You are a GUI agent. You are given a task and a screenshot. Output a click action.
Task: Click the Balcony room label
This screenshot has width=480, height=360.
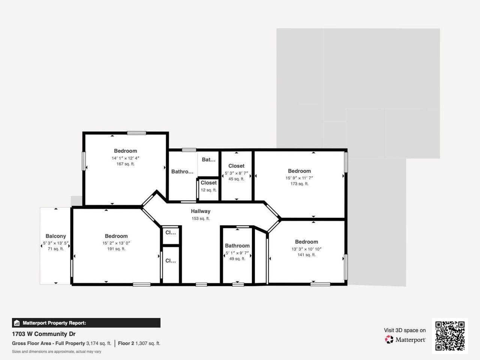[55, 236]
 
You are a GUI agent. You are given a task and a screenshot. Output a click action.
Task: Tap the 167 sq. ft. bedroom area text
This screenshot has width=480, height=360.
[125, 164]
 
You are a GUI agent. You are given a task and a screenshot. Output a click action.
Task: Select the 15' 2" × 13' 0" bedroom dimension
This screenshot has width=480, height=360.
[116, 243]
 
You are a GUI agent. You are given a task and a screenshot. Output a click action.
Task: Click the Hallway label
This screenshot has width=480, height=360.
[200, 211]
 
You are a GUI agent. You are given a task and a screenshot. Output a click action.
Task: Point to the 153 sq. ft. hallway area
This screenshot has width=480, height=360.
[200, 219]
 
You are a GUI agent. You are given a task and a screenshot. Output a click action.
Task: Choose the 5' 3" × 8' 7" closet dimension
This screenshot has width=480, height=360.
[236, 173]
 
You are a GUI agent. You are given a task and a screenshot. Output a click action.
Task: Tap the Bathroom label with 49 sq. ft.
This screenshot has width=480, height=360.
[237, 246]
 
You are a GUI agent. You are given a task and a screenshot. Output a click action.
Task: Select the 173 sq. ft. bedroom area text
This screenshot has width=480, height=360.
[299, 184]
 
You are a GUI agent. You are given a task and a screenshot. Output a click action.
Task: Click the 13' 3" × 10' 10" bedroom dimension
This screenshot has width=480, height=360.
[306, 249]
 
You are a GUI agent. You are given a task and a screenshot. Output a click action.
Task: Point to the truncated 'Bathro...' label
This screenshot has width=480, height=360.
[182, 172]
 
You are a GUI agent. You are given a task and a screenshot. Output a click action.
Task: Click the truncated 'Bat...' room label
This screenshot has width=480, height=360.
[208, 160]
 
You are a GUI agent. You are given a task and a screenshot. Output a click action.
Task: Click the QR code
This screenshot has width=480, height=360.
[450, 336]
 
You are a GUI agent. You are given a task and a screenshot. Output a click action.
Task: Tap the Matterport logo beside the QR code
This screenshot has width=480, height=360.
[405, 340]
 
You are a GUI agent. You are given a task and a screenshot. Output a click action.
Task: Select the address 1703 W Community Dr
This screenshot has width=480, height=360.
[43, 334]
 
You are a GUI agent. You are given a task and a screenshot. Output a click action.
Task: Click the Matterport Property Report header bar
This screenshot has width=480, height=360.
[86, 323]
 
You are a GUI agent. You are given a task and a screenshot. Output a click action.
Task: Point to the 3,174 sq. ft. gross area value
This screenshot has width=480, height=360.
[99, 343]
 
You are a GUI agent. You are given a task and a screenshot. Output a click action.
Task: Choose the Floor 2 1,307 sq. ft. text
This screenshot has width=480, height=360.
[139, 343]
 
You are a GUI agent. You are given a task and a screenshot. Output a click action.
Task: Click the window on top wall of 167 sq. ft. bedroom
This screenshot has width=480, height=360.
[136, 133]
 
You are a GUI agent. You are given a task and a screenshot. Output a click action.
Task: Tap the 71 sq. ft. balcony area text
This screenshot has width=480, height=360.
[55, 249]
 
